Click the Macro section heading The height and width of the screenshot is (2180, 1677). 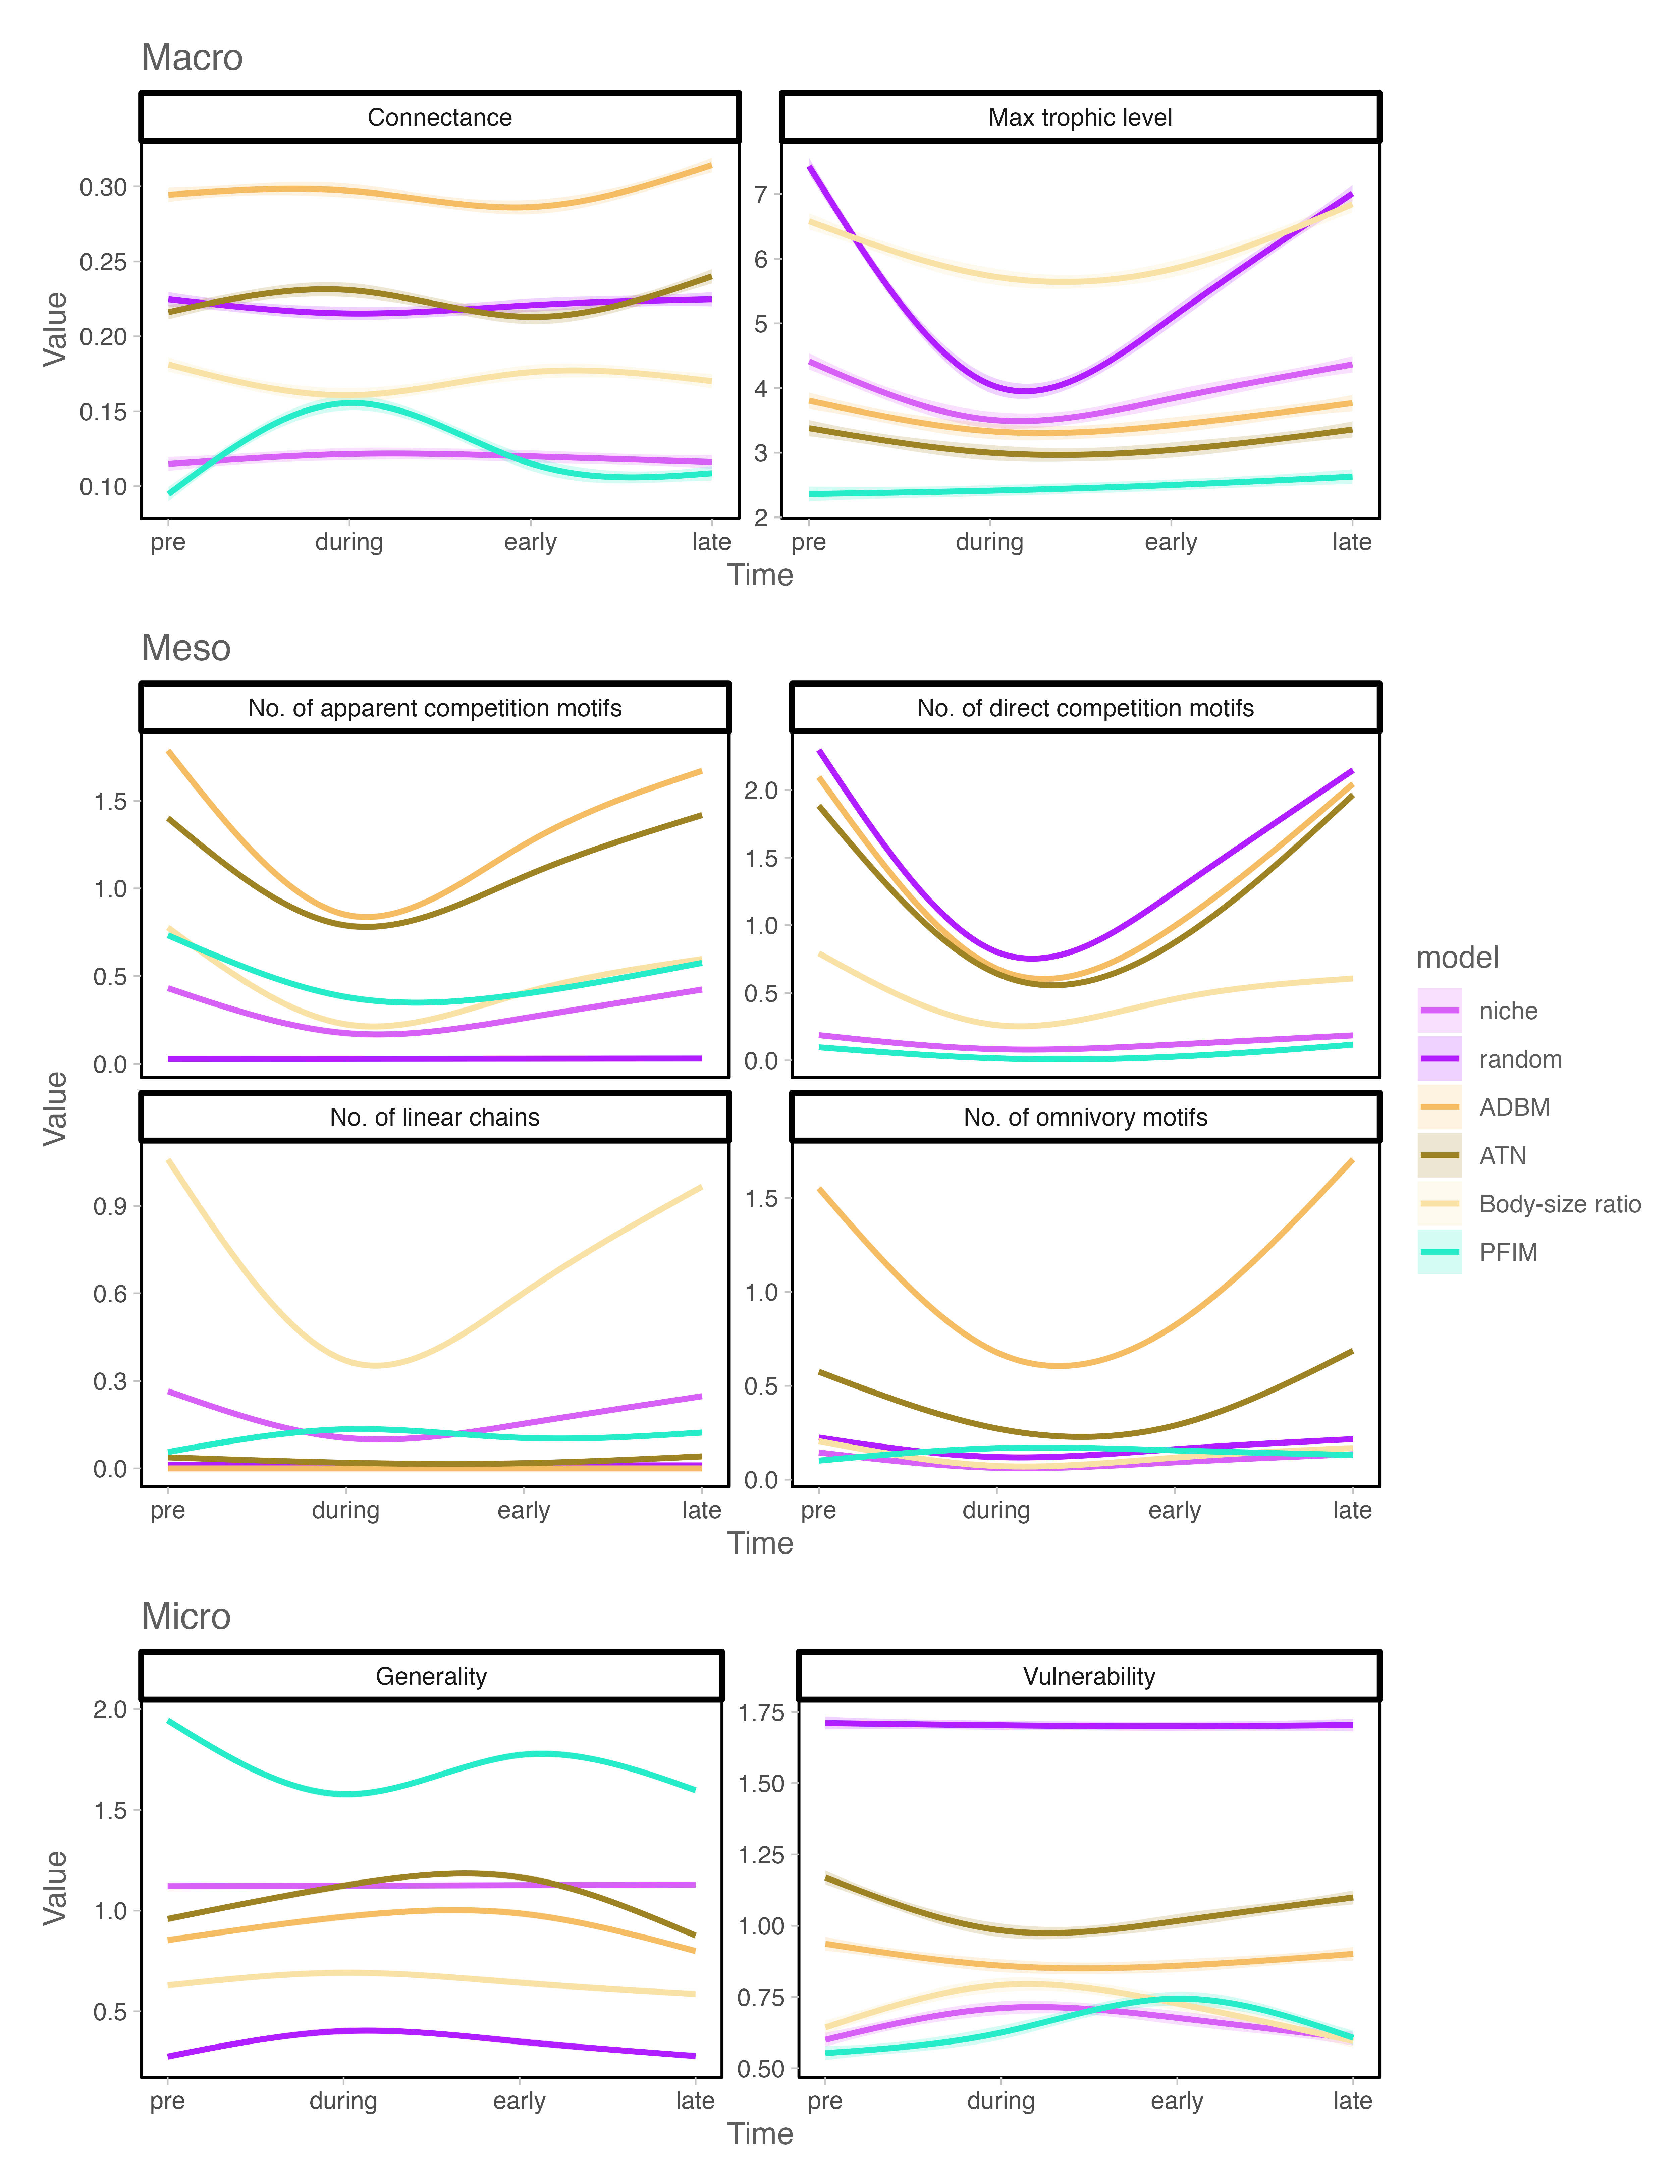tap(192, 58)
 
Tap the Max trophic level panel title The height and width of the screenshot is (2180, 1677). tap(1080, 118)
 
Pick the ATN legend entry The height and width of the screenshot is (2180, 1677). tap(1502, 1156)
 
